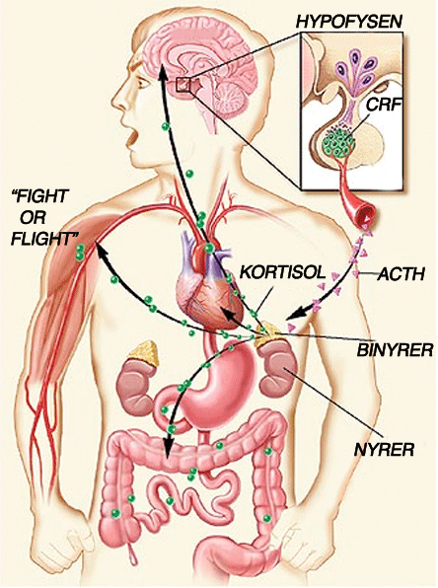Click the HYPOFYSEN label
[x=349, y=22]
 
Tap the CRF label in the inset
[x=382, y=105]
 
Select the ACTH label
[x=401, y=274]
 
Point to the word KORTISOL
[x=282, y=272]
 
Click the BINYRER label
[x=395, y=350]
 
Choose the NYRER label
[x=385, y=449]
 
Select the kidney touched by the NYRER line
[x=278, y=370]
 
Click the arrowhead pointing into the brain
[x=163, y=72]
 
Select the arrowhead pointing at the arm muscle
[x=102, y=249]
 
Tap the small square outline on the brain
[x=183, y=84]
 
